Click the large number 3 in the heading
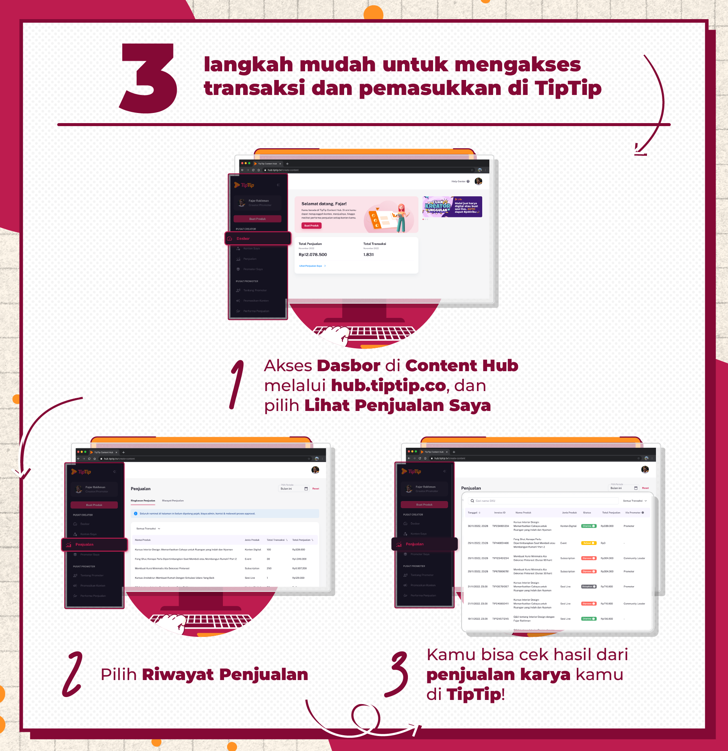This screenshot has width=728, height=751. tap(149, 78)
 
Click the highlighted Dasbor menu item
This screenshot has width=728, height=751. tap(257, 238)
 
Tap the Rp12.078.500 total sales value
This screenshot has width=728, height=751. tap(313, 254)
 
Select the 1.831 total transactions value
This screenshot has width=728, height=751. tap(368, 254)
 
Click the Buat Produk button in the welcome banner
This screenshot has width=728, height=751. tap(311, 226)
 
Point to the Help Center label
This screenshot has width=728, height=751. tap(458, 181)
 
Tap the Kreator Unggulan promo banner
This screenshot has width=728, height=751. tap(452, 206)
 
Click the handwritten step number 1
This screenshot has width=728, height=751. tap(238, 384)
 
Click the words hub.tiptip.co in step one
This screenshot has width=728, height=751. tap(388, 386)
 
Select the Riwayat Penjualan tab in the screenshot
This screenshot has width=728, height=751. tap(173, 500)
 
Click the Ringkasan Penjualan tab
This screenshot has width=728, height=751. tap(143, 500)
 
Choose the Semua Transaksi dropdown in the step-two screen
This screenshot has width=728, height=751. tap(148, 528)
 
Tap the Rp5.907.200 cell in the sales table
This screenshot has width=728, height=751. tap(299, 568)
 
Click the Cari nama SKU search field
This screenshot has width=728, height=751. tap(540, 501)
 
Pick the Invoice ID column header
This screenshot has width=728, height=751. tap(499, 512)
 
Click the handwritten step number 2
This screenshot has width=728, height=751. tap(73, 674)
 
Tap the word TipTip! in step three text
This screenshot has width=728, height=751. tap(475, 694)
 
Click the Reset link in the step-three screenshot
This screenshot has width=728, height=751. tap(645, 488)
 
